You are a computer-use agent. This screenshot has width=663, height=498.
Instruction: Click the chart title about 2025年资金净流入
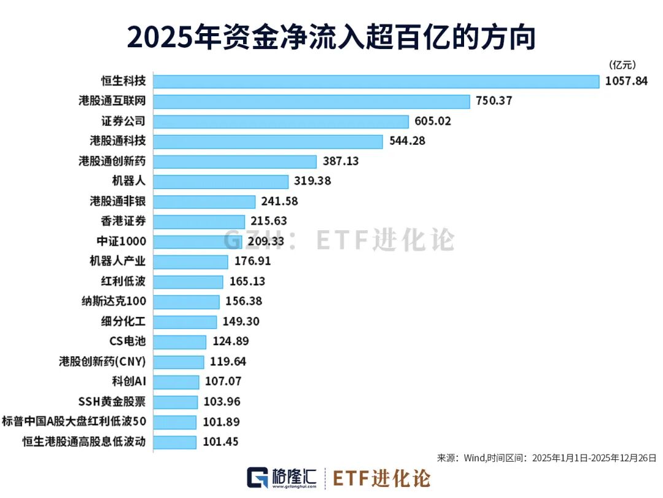pyautogui.click(x=331, y=37)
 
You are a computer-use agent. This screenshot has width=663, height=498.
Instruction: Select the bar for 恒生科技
pyautogui.click(x=376, y=81)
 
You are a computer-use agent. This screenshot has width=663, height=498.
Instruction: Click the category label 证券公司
pyautogui.click(x=124, y=121)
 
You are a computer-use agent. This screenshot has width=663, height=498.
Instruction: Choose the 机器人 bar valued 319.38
pyautogui.click(x=220, y=182)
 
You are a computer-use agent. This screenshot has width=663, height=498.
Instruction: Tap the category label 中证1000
pyautogui.click(x=122, y=241)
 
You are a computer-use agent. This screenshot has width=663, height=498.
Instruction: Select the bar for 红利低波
pyautogui.click(x=188, y=282)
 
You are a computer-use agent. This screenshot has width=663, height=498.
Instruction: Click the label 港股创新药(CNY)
pyautogui.click(x=103, y=362)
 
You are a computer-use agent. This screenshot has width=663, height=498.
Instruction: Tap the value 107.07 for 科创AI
pyautogui.click(x=223, y=382)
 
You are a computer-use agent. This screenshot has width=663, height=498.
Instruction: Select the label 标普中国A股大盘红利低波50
pyautogui.click(x=74, y=422)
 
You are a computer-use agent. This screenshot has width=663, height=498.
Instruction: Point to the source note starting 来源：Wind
pyautogui.click(x=546, y=458)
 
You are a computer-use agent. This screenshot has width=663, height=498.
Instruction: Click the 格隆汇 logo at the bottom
pyautogui.click(x=282, y=478)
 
